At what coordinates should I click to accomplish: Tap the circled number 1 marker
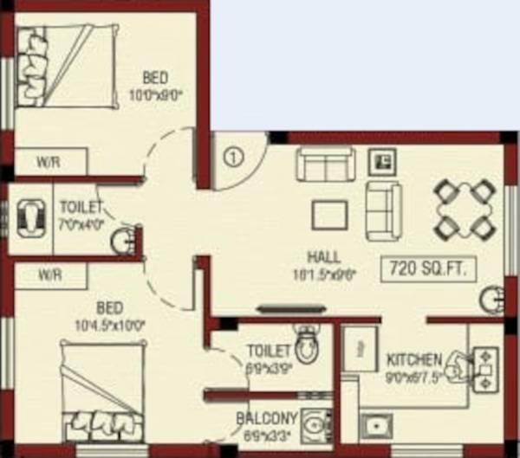pyautogui.click(x=232, y=158)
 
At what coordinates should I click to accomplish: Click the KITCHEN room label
pyautogui.click(x=415, y=359)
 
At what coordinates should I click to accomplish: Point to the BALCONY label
pyautogui.click(x=267, y=419)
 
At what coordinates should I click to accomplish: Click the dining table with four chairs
pyautogui.click(x=462, y=210)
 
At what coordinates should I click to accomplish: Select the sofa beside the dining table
pyautogui.click(x=383, y=210)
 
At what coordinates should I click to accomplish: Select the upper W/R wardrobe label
pyautogui.click(x=48, y=161)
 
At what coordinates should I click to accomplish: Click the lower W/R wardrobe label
pyautogui.click(x=48, y=274)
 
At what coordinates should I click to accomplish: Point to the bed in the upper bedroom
pyautogui.click(x=66, y=65)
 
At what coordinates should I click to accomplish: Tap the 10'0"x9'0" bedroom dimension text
pyautogui.click(x=156, y=94)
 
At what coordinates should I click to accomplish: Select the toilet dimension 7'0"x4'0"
pyautogui.click(x=81, y=223)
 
